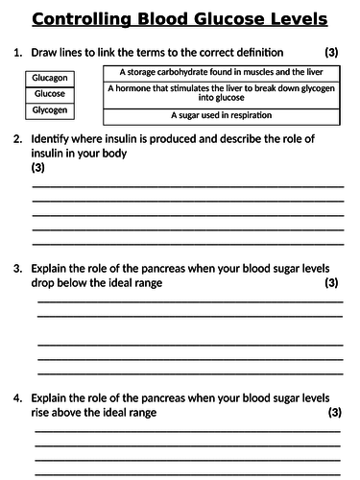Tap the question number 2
coord(17,139)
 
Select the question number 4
coord(17,397)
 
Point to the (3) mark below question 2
coord(38,168)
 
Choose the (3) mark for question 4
coord(333,412)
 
